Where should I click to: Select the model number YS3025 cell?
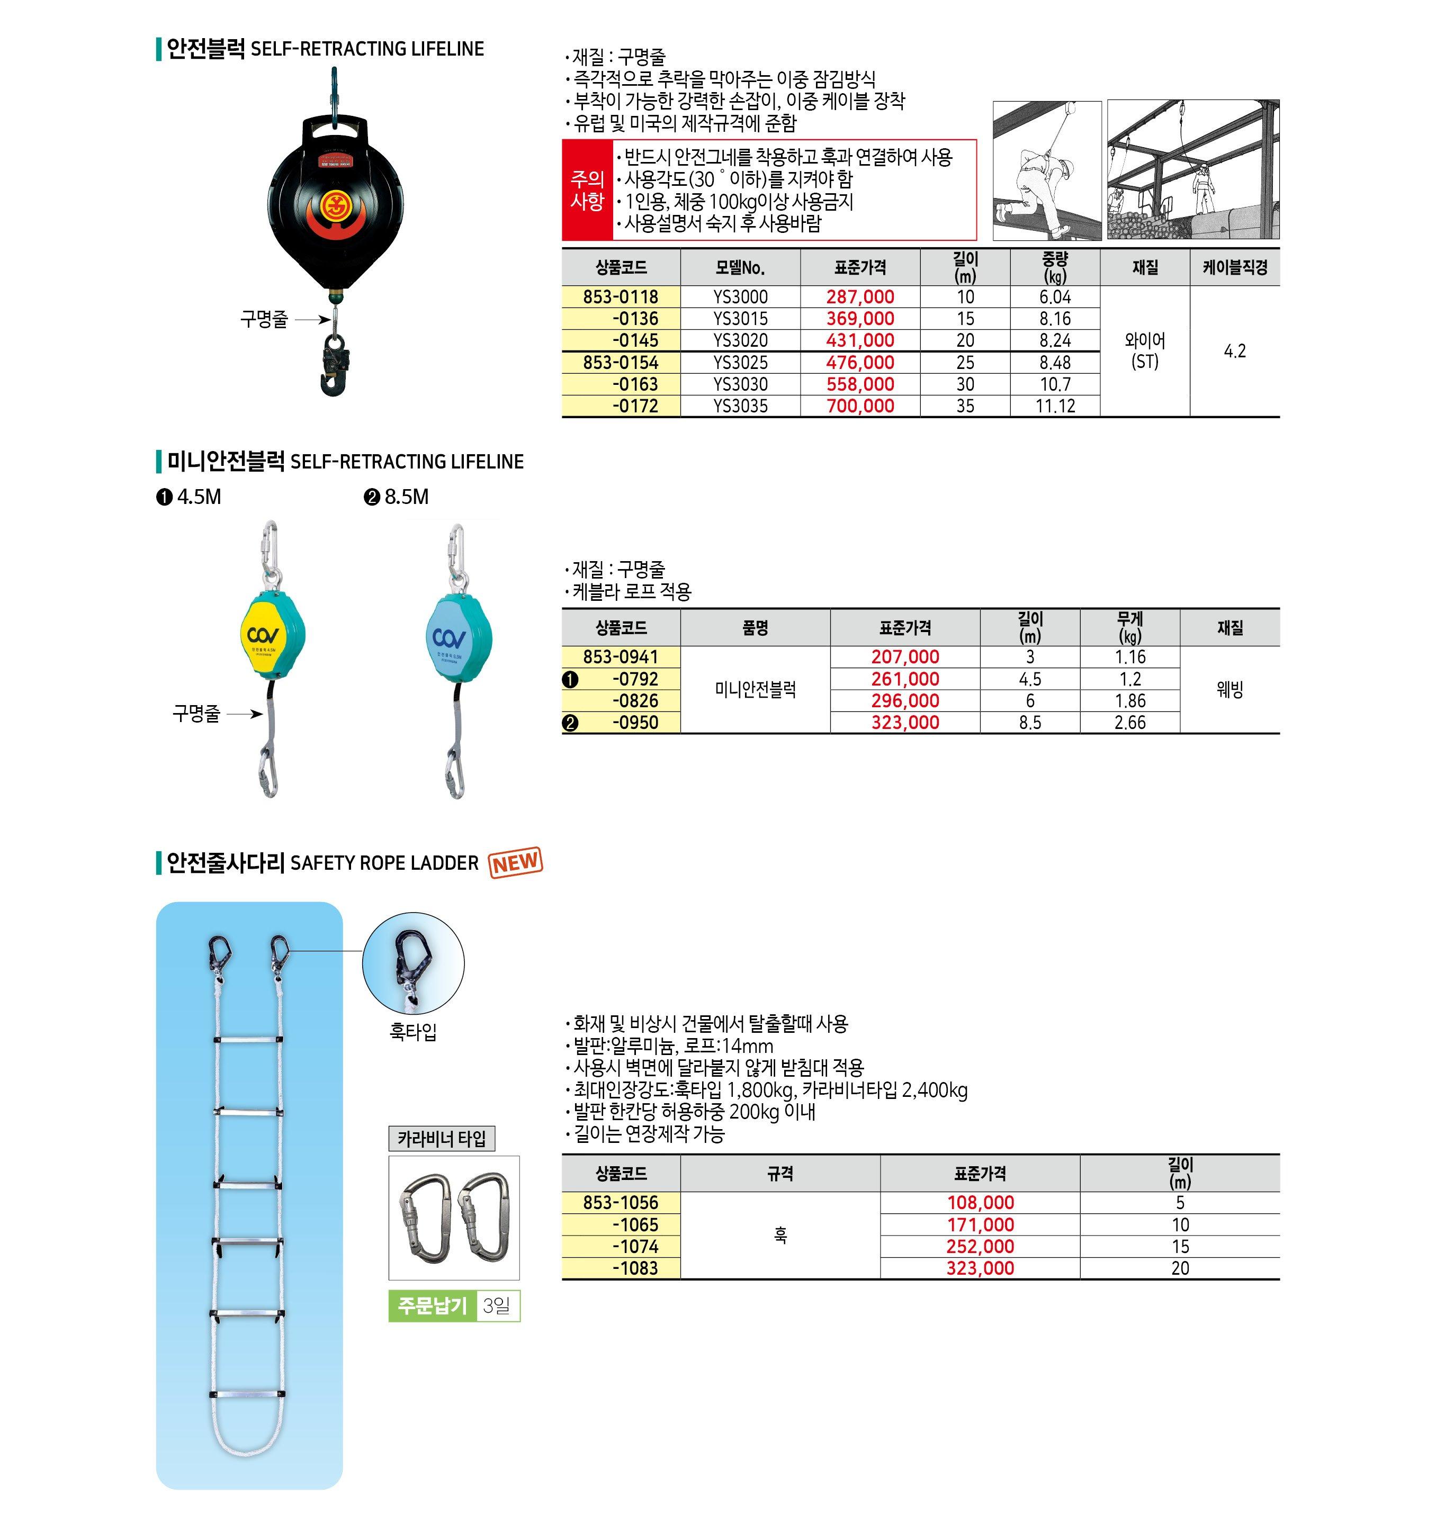point(740,362)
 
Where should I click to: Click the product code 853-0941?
point(620,657)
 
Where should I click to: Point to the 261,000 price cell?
point(905,679)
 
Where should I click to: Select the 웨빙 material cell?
point(1229,690)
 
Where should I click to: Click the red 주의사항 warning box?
point(587,190)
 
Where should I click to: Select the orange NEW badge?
point(515,863)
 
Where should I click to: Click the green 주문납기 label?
point(433,1306)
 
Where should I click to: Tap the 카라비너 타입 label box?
point(442,1139)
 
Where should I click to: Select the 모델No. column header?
point(740,268)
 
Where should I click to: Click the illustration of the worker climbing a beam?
point(1046,170)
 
